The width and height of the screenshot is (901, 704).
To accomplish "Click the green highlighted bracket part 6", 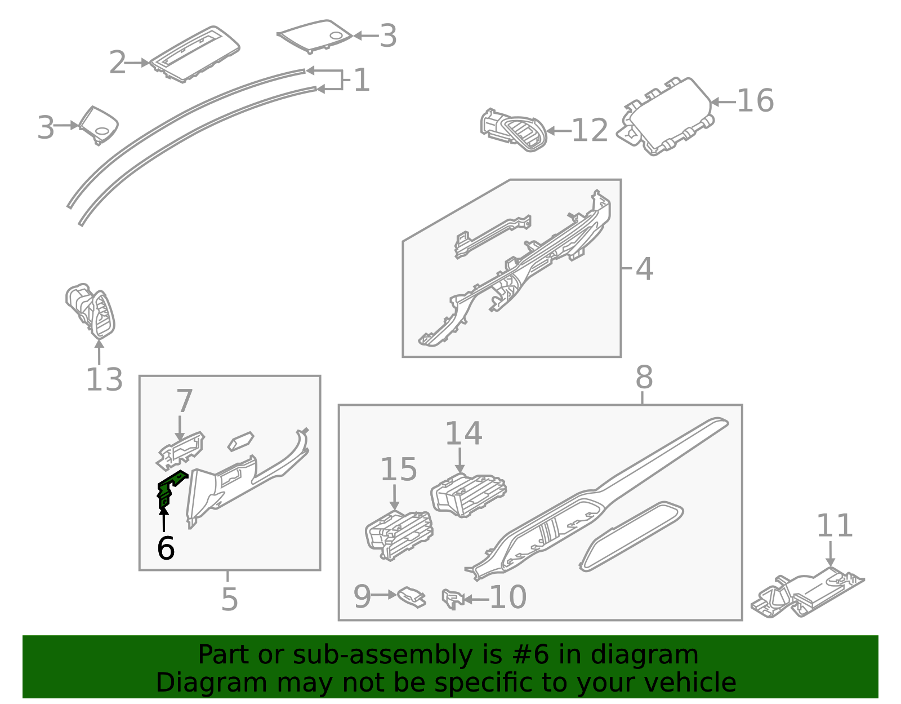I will tap(168, 488).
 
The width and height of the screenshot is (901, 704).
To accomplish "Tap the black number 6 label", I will tap(166, 548).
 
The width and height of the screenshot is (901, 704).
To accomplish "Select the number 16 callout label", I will tap(755, 101).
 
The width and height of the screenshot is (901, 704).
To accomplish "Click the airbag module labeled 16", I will tap(668, 117).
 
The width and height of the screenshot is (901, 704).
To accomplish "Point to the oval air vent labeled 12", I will tap(514, 130).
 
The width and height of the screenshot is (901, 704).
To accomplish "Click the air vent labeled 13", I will tap(92, 312).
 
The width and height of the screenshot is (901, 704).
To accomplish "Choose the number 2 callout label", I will tap(117, 63).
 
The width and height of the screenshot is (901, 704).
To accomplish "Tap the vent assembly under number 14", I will tap(469, 494).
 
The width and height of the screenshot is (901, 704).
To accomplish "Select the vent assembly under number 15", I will tap(399, 535).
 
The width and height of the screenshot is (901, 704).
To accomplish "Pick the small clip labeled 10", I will tap(452, 599).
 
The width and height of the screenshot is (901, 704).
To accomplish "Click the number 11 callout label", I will tap(835, 526).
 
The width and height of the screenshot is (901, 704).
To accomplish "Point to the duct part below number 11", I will tap(806, 595).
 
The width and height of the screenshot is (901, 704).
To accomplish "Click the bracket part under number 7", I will tap(181, 450).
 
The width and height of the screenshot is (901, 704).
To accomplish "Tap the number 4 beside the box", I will tap(644, 269).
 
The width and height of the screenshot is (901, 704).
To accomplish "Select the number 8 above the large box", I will tap(644, 378).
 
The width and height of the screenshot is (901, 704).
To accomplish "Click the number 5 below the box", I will tap(229, 599).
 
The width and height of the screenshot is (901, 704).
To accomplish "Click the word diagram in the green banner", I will tap(644, 655).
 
